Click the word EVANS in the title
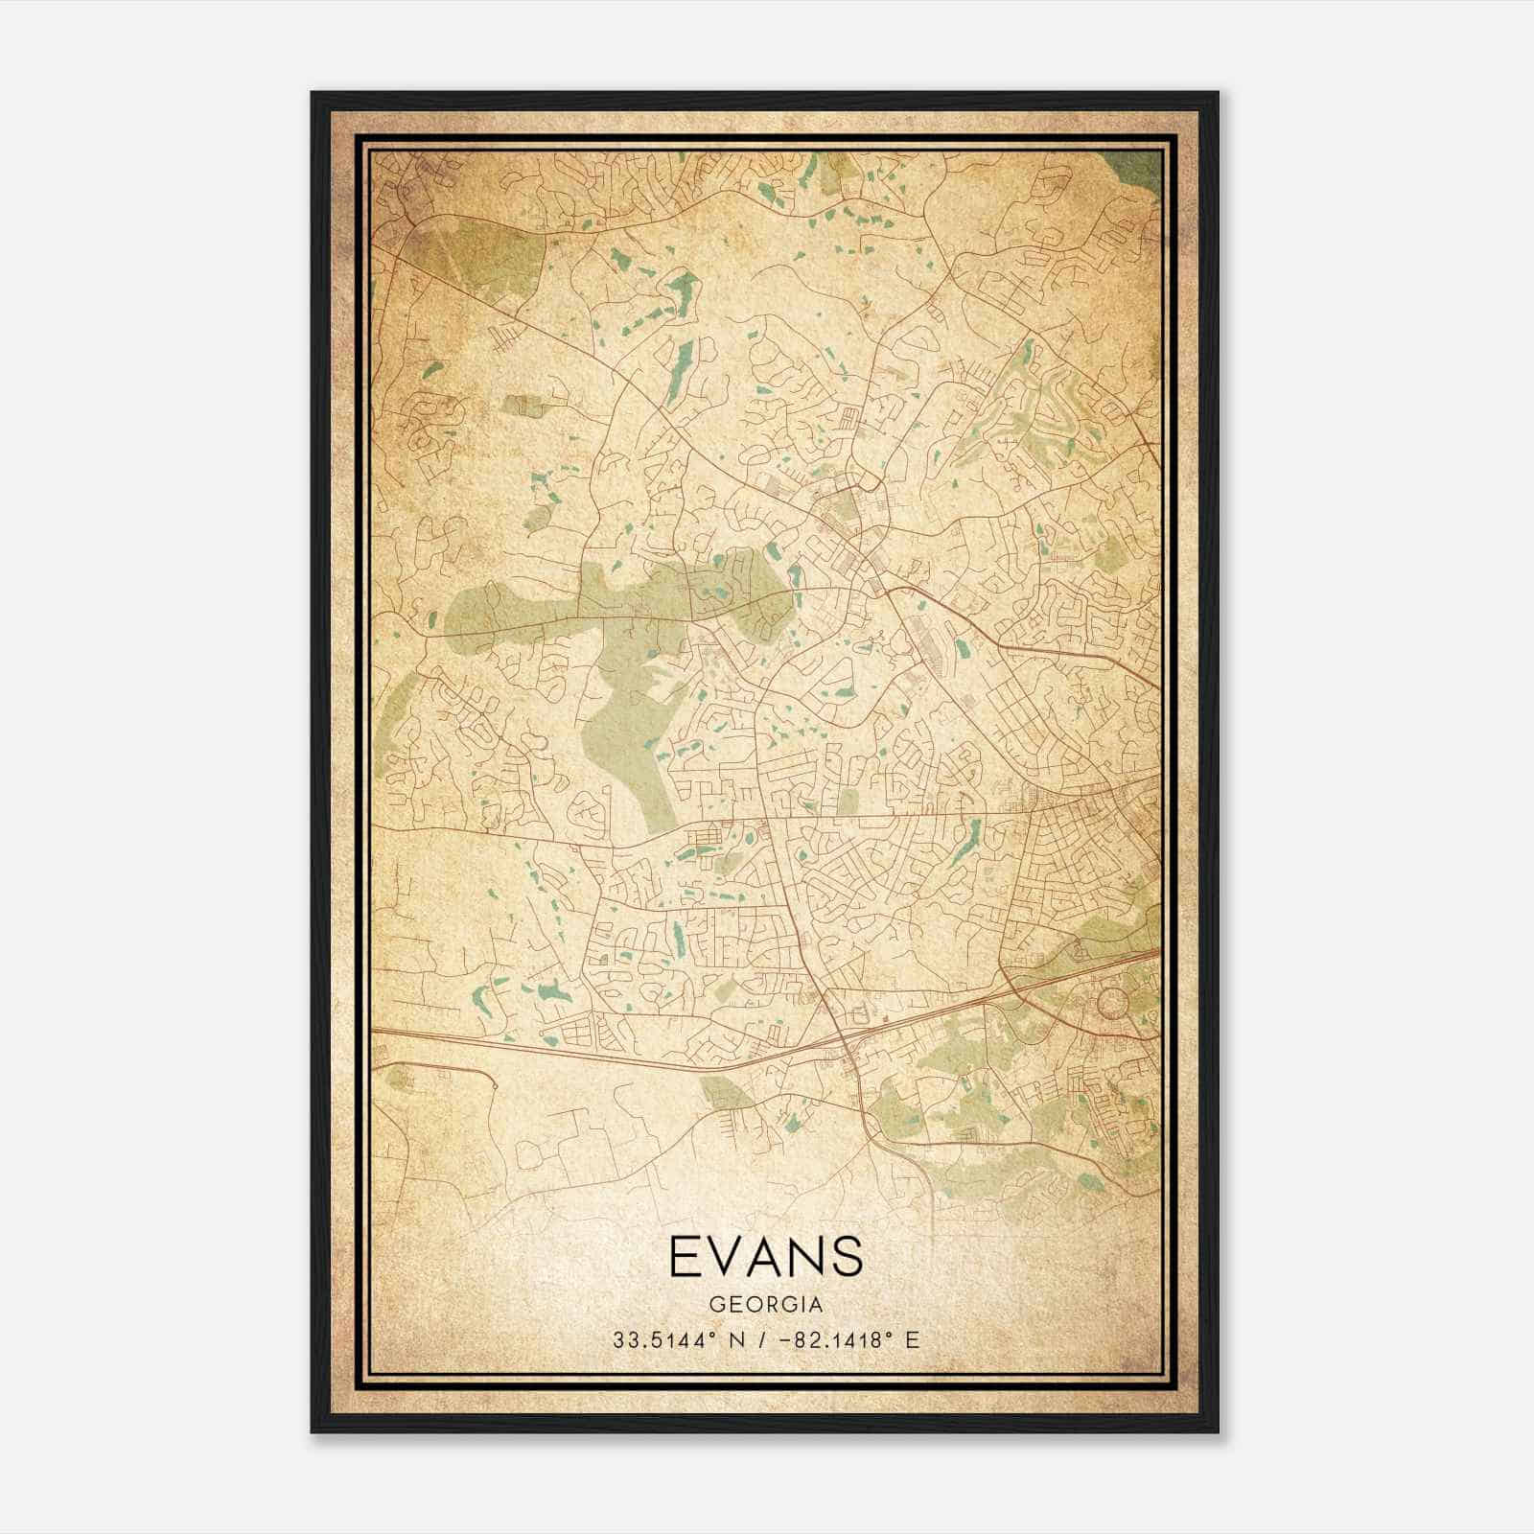[x=765, y=1257]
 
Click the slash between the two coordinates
[x=762, y=1339]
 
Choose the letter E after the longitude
[x=912, y=1339]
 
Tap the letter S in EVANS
[x=848, y=1257]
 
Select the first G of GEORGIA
[x=717, y=1305]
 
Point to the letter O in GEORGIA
[x=751, y=1305]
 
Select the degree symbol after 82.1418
[x=892, y=1334]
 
